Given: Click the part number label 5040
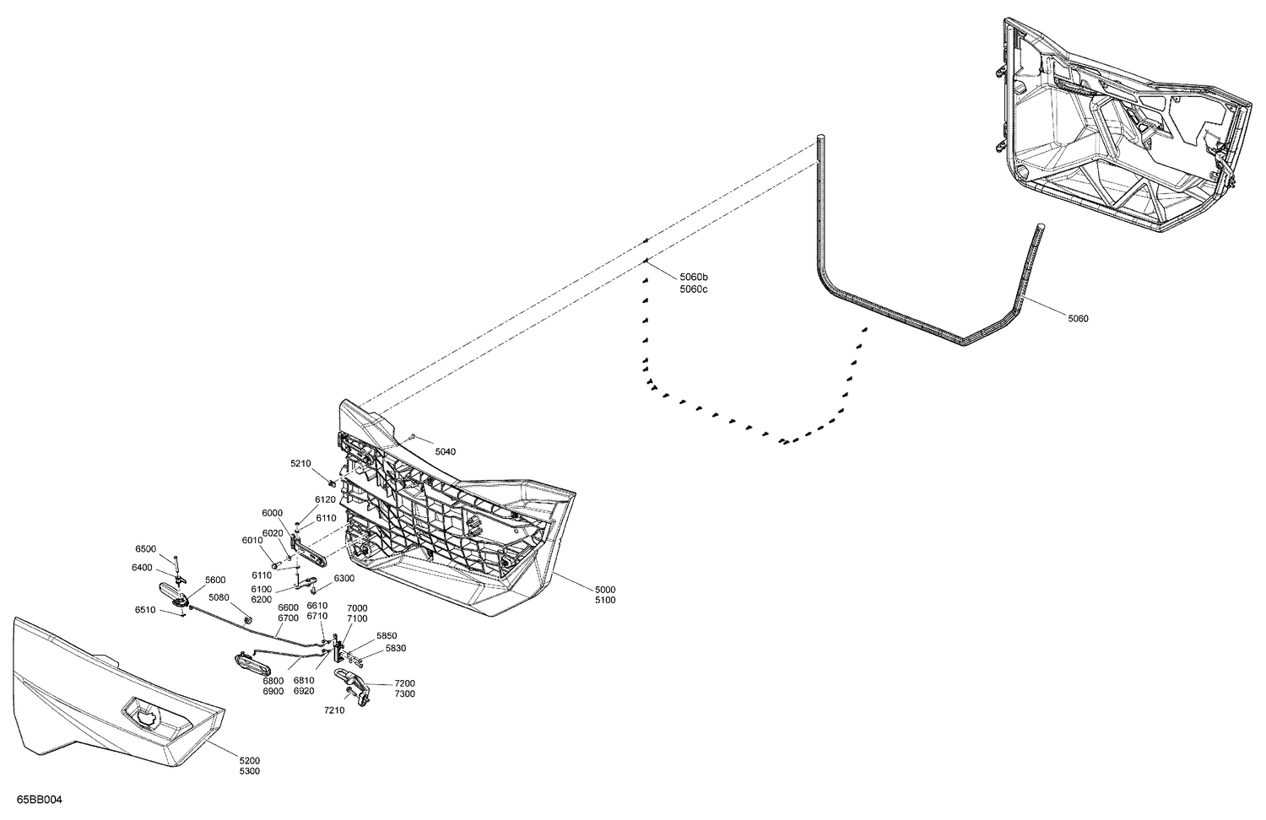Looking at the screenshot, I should (x=445, y=452).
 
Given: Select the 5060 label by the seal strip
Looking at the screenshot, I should (x=1078, y=319).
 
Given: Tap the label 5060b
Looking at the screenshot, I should (x=693, y=278).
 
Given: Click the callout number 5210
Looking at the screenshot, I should (x=300, y=464).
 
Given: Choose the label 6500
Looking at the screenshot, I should (x=145, y=549).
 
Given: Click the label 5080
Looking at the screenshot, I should (x=219, y=598).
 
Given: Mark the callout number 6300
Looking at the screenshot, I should (x=344, y=579).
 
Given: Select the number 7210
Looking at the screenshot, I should (x=335, y=710).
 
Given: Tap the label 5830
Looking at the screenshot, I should (x=396, y=649).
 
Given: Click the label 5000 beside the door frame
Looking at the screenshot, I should (x=604, y=589).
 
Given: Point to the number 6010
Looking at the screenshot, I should (x=252, y=541).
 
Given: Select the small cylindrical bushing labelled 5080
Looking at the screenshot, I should (x=249, y=620).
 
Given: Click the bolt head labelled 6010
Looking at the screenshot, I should (x=277, y=564).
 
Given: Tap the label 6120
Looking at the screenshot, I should (x=326, y=500).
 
